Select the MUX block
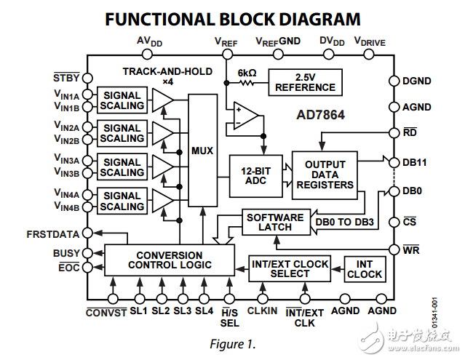[x=202, y=151]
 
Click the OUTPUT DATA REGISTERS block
[x=325, y=175]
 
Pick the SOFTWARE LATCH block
[x=275, y=222]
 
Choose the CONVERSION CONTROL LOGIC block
[x=170, y=260]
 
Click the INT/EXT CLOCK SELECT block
[x=290, y=268]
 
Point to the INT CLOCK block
[x=365, y=268]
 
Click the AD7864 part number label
[x=320, y=115]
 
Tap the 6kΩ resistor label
[x=247, y=73]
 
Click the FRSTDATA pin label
[x=52, y=235]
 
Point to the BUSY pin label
[x=66, y=253]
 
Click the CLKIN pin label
[x=262, y=311]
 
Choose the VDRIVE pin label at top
[x=370, y=41]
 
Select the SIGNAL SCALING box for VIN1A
[x=122, y=100]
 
